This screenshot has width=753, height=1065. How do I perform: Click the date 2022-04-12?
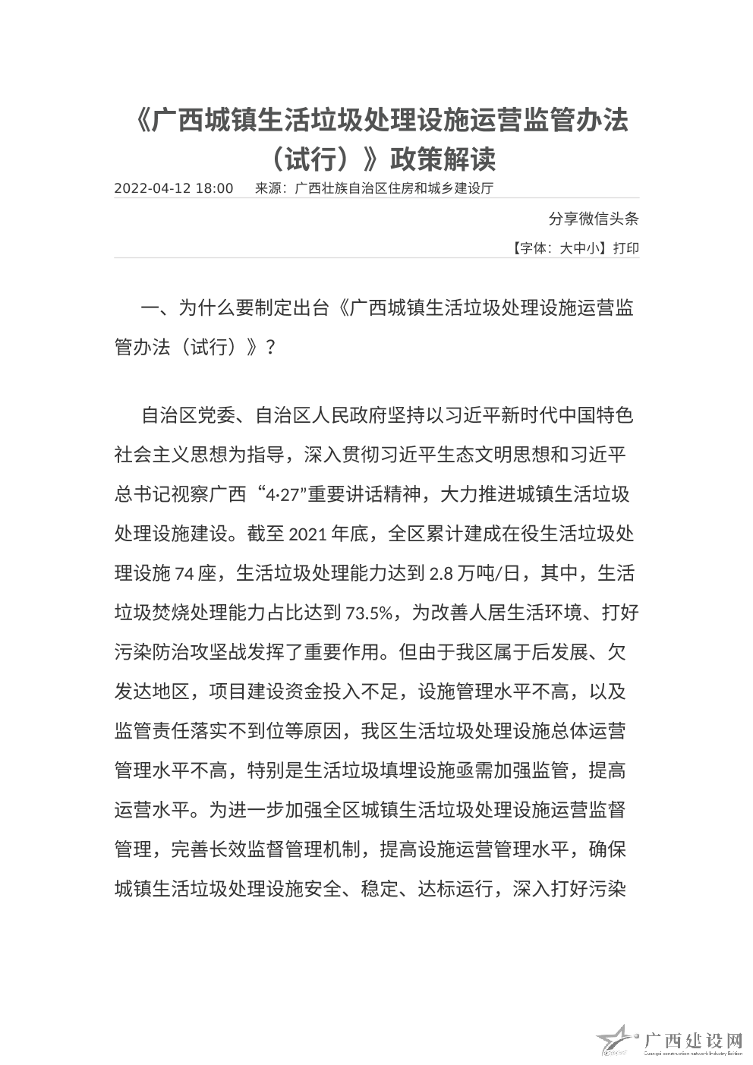(151, 189)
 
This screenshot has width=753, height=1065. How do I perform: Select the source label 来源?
(267, 189)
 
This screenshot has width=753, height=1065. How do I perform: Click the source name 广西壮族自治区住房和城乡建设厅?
(394, 189)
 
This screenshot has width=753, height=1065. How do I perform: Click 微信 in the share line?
(585, 219)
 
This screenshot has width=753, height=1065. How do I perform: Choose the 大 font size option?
(566, 248)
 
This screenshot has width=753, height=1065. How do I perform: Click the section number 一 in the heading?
(151, 308)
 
